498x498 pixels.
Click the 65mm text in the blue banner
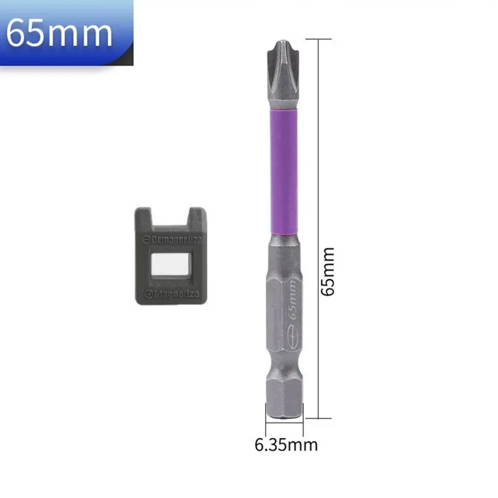pyautogui.click(x=60, y=33)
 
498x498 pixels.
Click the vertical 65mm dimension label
pyautogui.click(x=327, y=272)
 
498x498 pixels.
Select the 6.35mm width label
pyautogui.click(x=286, y=444)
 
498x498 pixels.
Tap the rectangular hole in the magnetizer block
pyautogui.click(x=169, y=266)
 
